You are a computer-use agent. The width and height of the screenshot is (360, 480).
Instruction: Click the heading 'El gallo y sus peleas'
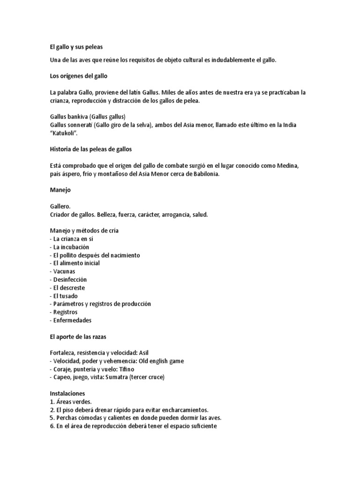tap(76, 47)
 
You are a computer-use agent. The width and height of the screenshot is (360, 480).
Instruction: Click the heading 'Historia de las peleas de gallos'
tap(91, 150)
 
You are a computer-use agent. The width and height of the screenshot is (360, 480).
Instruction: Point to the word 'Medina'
tap(285, 166)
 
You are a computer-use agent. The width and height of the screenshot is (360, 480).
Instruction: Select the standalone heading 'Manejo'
tap(60, 190)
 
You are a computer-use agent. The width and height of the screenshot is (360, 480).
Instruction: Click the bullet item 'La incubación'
tap(71, 247)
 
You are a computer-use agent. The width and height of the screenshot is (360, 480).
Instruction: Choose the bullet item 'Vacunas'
tap(64, 271)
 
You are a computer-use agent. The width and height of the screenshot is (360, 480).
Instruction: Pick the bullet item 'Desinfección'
tap(70, 279)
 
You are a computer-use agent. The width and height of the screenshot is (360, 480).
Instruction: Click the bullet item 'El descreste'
tap(69, 288)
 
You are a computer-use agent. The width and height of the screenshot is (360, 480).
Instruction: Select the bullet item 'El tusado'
tap(65, 296)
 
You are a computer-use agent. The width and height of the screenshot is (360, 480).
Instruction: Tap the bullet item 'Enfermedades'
tap(72, 320)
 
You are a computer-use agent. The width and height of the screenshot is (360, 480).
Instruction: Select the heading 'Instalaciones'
tap(67, 394)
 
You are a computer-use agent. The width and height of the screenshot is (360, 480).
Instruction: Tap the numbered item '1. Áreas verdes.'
tap(71, 402)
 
